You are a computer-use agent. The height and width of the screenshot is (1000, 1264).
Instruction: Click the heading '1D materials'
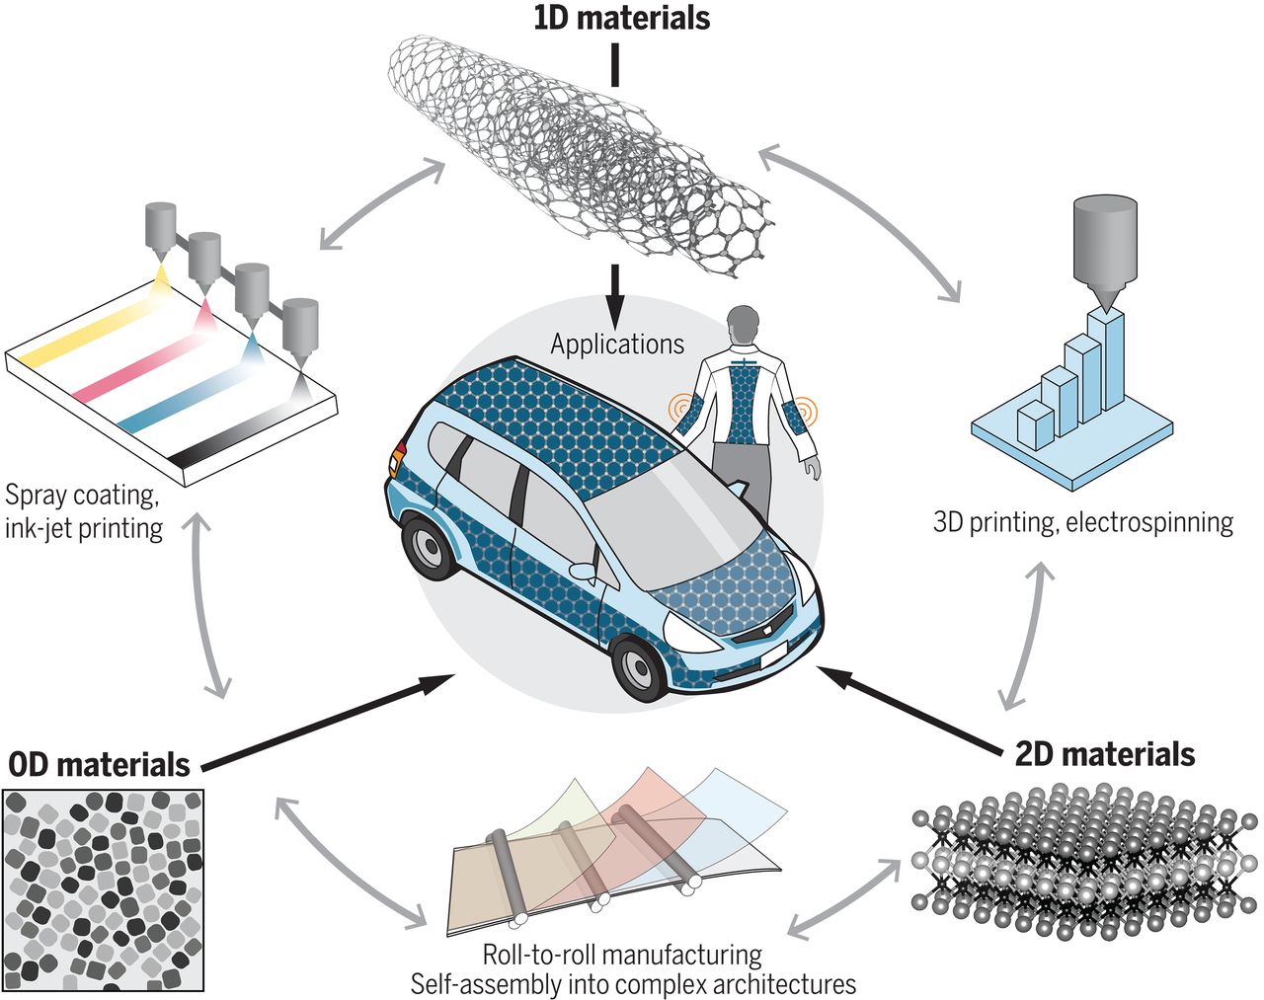click(x=621, y=18)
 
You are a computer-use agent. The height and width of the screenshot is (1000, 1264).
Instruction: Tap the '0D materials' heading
click(x=99, y=765)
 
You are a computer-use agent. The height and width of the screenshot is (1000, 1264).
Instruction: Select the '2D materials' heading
click(x=1105, y=754)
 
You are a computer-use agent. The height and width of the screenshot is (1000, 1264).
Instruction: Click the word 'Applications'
click(x=617, y=344)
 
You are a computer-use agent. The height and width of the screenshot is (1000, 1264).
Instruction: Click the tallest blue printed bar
click(x=1106, y=360)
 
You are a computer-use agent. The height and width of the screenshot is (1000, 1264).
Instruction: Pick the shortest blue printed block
click(x=1035, y=423)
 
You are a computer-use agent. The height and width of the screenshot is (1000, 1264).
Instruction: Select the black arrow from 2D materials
click(x=908, y=709)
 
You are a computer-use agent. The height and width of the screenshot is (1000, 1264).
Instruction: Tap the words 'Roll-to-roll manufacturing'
click(x=622, y=955)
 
